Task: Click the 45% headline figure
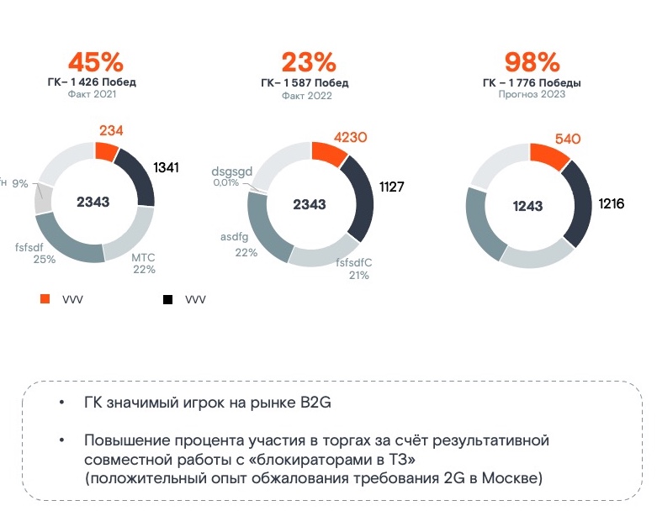[95, 62]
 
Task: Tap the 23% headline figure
[308, 62]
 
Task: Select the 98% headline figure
[532, 62]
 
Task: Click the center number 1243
[529, 205]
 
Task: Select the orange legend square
[47, 298]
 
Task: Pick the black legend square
[168, 298]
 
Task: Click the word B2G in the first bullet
[315, 402]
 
